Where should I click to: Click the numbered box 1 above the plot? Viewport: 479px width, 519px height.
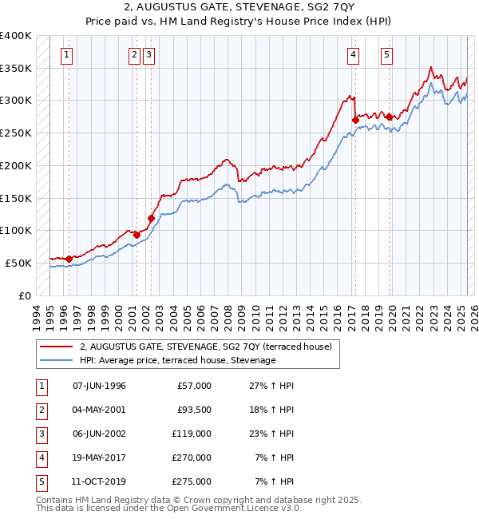[65, 55]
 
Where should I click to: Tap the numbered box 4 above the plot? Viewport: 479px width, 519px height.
[353, 55]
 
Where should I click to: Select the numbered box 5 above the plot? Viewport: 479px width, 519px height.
[386, 55]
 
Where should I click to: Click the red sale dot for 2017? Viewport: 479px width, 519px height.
[355, 120]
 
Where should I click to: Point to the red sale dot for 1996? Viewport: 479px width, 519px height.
[69, 259]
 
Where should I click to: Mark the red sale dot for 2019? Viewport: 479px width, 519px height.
[390, 117]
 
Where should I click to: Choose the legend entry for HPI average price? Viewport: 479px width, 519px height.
[177, 360]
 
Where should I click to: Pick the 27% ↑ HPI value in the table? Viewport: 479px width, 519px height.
[273, 386]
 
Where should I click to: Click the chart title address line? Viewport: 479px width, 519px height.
[239, 10]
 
